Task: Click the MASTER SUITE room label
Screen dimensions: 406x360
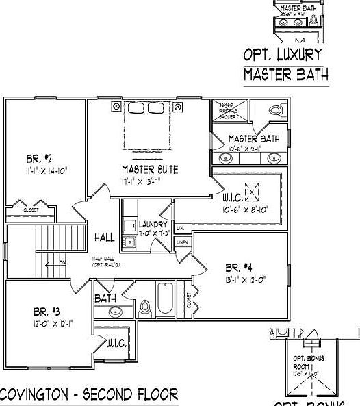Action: (150, 169)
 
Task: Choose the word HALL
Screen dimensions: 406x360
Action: (105, 237)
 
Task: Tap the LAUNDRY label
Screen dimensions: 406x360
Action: (153, 225)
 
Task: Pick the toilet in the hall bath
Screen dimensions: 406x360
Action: (144, 310)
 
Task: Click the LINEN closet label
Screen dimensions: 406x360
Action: (182, 242)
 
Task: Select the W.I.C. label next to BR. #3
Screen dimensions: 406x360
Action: (116, 344)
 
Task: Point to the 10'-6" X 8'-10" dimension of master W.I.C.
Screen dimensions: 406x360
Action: (244, 210)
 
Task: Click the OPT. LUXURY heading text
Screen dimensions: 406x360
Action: (283, 55)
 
